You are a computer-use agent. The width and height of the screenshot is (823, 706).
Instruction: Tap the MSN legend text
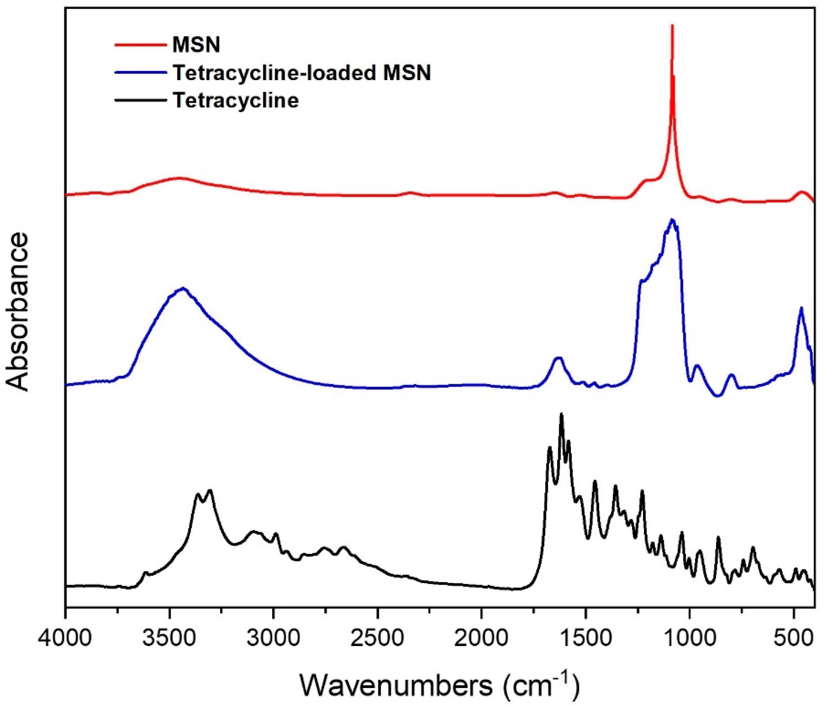[x=196, y=45]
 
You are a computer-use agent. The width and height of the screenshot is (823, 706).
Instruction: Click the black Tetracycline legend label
[x=236, y=101]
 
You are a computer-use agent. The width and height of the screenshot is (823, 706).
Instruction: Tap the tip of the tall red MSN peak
[x=672, y=26]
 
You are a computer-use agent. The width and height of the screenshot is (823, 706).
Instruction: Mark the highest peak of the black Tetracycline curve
[x=561, y=414]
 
